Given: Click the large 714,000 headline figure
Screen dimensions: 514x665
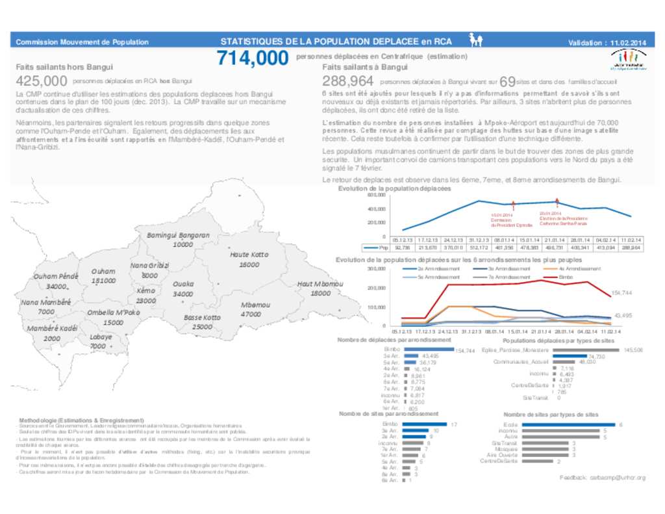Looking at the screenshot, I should point(253,58).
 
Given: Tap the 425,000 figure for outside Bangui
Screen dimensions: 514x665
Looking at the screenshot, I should point(42,81).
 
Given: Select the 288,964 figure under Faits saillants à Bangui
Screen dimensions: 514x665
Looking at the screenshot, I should point(348,81).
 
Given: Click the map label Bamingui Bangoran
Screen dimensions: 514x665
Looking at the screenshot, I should point(179,235).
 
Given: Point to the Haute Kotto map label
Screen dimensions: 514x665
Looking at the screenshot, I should point(249,255).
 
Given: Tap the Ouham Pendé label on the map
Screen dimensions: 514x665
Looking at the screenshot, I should point(56,277).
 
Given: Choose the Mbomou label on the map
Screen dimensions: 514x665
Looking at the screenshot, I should point(255,305).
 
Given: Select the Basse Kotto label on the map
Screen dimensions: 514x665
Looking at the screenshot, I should point(203,318).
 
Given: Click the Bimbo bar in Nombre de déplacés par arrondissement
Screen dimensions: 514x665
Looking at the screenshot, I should point(428,350).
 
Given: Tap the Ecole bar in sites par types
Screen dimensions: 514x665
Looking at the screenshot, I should point(568,424).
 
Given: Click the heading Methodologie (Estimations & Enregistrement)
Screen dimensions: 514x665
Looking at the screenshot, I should point(81,420).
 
